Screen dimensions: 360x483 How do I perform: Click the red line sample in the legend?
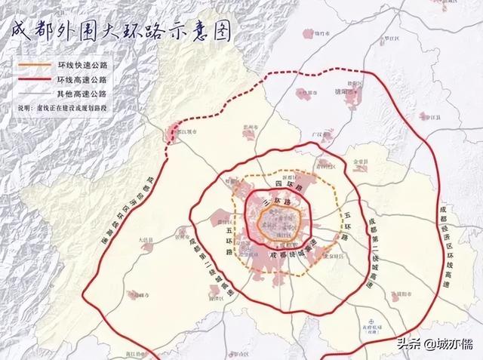coord(33,78)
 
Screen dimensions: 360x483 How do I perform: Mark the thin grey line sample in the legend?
coord(33,92)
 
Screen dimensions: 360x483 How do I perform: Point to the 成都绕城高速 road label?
coord(291,255)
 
